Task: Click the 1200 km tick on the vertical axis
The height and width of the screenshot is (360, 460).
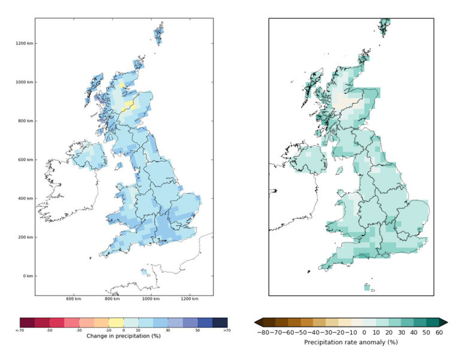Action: pos(25,43)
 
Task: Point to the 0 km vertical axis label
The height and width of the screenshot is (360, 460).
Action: pos(27,276)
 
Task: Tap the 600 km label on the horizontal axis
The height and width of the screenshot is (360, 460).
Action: pos(73,299)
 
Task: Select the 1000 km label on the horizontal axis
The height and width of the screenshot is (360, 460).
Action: pos(150,299)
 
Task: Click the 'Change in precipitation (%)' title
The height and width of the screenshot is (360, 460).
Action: pos(124,336)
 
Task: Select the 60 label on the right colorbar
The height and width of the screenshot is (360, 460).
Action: pos(439,332)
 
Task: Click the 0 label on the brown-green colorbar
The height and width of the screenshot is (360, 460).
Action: pos(365,332)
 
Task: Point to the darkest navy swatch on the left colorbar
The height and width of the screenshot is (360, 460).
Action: pos(219,322)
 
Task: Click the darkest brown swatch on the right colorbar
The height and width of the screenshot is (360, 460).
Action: pos(269,322)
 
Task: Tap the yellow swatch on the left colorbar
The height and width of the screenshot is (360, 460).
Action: pos(116,322)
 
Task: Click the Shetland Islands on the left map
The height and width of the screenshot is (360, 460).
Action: pos(159,33)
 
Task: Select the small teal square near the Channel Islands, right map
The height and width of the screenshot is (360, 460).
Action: pos(367,288)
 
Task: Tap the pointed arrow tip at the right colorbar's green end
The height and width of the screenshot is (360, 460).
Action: pos(445,322)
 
